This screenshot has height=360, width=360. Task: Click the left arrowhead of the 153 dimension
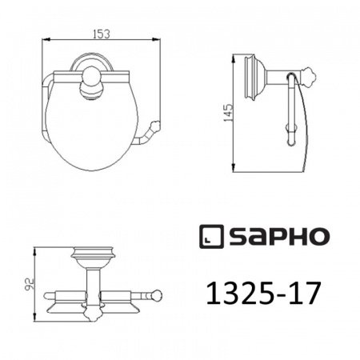tap(42, 41)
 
